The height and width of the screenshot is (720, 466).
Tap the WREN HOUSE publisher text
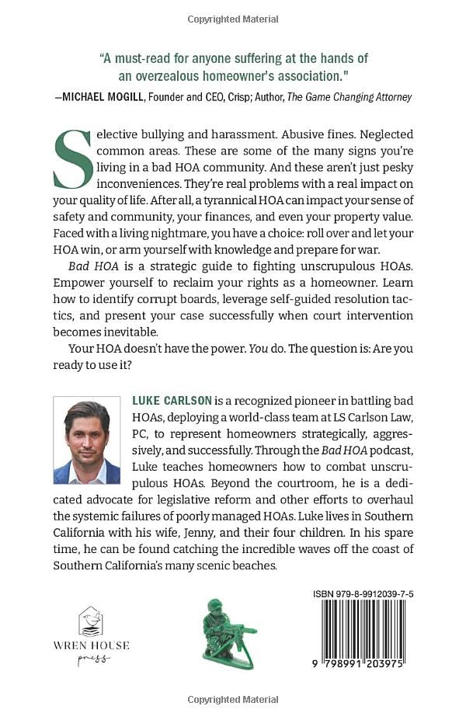(92, 645)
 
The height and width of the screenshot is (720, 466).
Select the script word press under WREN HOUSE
(92, 659)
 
